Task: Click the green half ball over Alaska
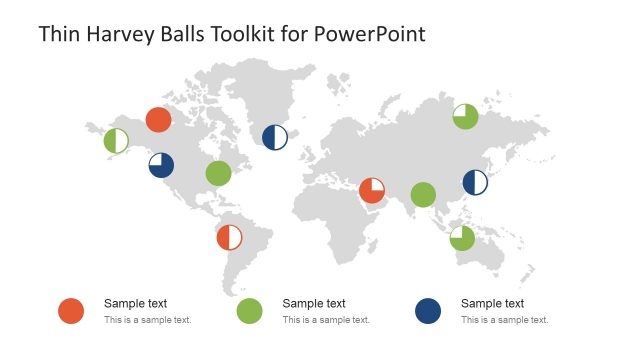pos(116,141)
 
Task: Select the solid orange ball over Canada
pos(158,120)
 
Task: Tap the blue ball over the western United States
pos(161,165)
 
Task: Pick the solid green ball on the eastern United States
pos(218,174)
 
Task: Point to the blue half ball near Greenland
pos(275,138)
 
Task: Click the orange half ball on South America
pos(230,237)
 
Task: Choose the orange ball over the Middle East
pos(372,190)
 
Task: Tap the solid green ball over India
pos(423,194)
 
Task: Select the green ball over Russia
pos(465,117)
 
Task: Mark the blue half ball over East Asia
pos(475,182)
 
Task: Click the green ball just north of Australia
pos(462,238)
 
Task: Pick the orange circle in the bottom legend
pos(70,311)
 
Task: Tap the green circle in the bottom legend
pos(249,311)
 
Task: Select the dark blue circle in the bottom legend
pos(428,311)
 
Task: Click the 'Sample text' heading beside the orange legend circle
pos(135,303)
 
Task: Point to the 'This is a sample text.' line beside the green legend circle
pos(326,320)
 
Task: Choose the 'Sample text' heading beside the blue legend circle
pos(492,303)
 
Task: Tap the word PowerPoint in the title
pos(370,34)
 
